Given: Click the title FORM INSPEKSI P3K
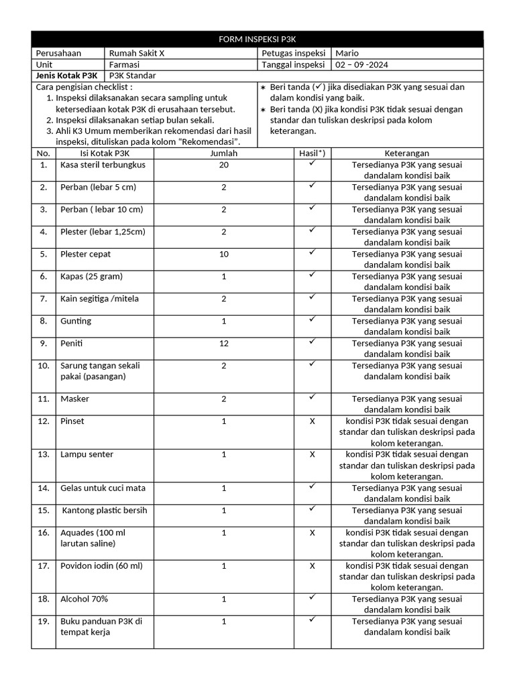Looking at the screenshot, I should (257, 40).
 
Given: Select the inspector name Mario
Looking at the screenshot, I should (347, 54).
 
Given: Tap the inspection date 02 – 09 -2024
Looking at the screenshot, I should (361, 65).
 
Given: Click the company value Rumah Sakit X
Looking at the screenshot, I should (131, 54).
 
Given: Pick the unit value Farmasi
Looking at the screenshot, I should (124, 65).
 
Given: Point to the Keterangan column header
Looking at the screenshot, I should (407, 153).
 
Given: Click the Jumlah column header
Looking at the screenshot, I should (224, 153).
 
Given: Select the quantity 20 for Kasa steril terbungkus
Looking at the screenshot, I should (224, 165).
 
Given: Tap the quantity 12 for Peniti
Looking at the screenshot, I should (224, 344).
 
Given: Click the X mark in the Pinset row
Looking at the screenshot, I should (312, 421).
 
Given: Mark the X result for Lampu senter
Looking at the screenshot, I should (312, 455).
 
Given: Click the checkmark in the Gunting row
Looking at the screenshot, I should (312, 320).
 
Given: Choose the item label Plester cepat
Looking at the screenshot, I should (86, 255).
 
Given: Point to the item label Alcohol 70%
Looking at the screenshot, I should (84, 599).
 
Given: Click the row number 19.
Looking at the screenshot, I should (44, 622).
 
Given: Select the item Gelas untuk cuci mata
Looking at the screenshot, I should (98, 488).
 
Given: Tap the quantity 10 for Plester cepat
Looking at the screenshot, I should (224, 255).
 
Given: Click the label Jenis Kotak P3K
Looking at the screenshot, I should (66, 76).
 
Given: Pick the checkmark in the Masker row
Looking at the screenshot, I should (312, 397).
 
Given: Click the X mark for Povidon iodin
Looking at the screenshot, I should (312, 566).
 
